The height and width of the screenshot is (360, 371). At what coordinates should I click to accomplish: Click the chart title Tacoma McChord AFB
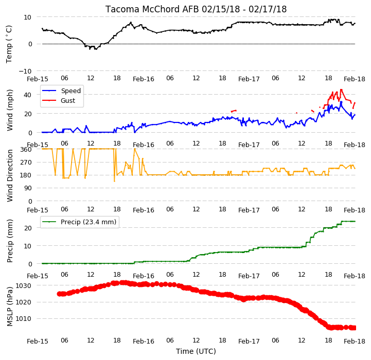[x=152, y=9]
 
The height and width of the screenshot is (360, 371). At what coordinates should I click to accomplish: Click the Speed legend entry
[x=62, y=91]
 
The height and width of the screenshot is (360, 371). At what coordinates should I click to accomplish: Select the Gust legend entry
[x=59, y=100]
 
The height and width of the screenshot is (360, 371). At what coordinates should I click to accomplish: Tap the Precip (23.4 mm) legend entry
[x=79, y=222]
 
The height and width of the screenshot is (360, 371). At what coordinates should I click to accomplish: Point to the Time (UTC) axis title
[x=196, y=351]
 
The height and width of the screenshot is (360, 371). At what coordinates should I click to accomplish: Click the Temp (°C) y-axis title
[x=9, y=44]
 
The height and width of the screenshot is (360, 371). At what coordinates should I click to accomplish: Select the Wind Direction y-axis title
[x=10, y=175]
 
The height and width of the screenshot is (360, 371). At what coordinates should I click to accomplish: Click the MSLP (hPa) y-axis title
[x=10, y=307]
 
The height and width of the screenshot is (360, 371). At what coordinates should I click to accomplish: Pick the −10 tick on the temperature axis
[x=25, y=71]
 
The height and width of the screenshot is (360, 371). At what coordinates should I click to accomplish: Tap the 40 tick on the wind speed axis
[x=27, y=95]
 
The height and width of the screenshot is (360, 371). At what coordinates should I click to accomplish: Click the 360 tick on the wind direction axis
[x=26, y=150]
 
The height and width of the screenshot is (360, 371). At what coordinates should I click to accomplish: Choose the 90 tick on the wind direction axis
[x=28, y=188]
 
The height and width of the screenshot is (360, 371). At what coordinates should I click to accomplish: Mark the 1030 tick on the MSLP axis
[x=24, y=286]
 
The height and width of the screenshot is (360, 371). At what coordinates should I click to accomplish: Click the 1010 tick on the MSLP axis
[x=24, y=319]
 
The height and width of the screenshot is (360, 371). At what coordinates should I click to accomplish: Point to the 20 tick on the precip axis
[x=28, y=228]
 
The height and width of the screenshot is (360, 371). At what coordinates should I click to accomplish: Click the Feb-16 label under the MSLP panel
[x=144, y=341]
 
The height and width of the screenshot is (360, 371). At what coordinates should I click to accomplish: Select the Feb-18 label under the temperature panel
[x=355, y=79]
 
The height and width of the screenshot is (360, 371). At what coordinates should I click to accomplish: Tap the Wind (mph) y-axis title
[x=10, y=110]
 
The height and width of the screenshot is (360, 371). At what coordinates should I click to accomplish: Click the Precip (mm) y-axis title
[x=10, y=241]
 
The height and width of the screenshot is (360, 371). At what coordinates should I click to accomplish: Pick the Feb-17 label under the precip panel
[x=249, y=276]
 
